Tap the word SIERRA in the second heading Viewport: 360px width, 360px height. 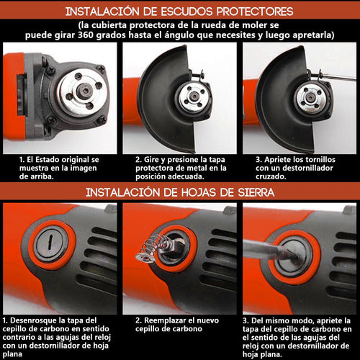pyautogui.click(x=256, y=192)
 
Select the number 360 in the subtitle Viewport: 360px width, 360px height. pyautogui.click(x=86, y=35)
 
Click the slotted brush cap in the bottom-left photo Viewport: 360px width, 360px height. pyautogui.click(x=50, y=241)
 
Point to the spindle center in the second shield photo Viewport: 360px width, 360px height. pyautogui.click(x=194, y=96)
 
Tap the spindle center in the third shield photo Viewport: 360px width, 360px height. pyautogui.click(x=310, y=97)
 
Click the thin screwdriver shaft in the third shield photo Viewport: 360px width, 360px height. pyautogui.click(x=338, y=76)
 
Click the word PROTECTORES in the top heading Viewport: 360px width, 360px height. pyautogui.click(x=255, y=12)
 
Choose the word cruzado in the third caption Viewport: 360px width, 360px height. pyautogui.click(x=271, y=176)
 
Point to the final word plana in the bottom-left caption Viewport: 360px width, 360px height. pyautogui.click(x=12, y=354)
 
